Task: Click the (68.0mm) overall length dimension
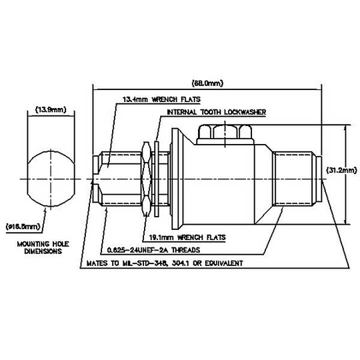pos(208,83)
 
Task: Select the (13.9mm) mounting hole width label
pos(51,109)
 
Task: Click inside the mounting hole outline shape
pos(50,179)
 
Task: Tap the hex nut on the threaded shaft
pos(145,179)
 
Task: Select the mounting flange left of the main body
pos(177,179)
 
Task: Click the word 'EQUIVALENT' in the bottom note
pos(221,263)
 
